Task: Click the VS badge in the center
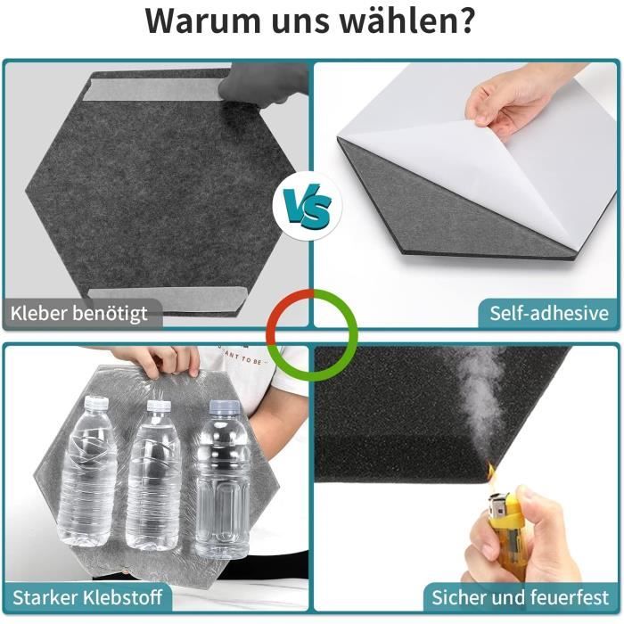pos(308,206)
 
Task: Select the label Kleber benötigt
pos(78,313)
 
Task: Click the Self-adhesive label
pos(549,313)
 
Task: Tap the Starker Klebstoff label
pos(87,597)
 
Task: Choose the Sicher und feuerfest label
pos(520,597)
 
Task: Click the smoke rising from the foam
pos(478,402)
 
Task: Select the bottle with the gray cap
pos(223,479)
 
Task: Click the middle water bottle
pos(154,474)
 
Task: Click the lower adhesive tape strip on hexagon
pos(168,298)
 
